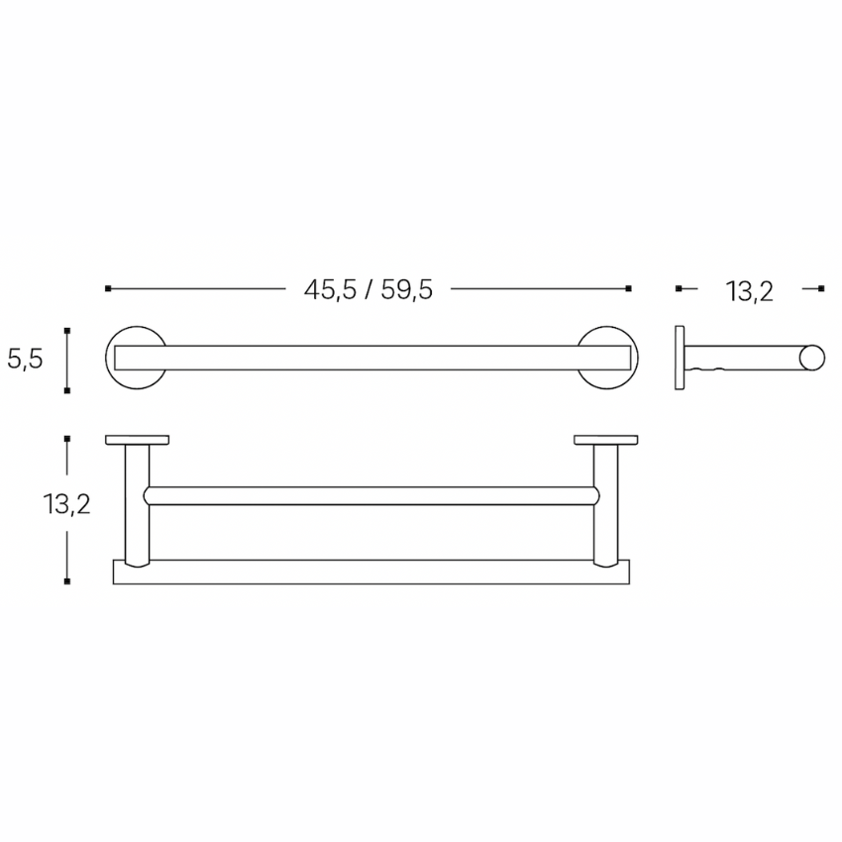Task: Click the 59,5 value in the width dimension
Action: coord(404,290)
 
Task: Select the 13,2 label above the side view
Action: coord(750,290)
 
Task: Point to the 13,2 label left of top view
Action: coord(66,505)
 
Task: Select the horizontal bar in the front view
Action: coord(367,359)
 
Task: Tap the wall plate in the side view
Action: coord(680,359)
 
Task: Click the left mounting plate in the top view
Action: coord(137,439)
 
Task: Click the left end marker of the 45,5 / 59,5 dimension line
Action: coord(107,288)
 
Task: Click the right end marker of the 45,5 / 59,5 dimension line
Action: coord(629,288)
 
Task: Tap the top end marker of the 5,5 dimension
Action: coord(66,330)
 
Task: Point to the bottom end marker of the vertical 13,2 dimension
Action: coord(66,581)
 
